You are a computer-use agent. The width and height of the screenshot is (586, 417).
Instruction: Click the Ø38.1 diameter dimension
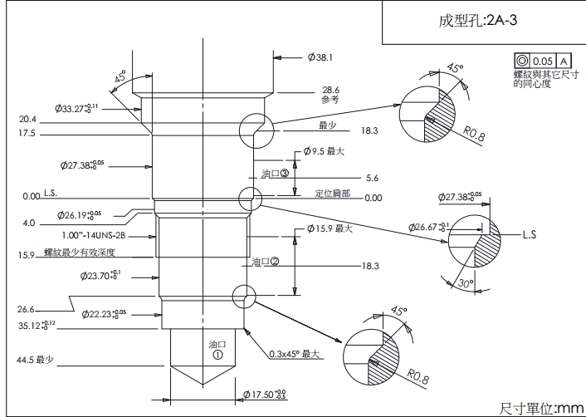[x=320, y=57]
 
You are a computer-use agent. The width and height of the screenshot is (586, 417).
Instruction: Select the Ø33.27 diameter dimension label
[x=77, y=108]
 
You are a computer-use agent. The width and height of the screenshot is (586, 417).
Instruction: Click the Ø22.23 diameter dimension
[x=105, y=314]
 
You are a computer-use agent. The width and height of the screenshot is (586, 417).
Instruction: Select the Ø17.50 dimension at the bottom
[x=263, y=394]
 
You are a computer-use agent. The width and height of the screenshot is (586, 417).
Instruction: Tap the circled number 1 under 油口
[x=217, y=353]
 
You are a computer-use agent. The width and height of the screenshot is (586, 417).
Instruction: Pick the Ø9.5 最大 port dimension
[x=324, y=152]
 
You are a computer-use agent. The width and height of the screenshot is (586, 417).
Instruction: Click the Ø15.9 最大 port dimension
[x=330, y=228]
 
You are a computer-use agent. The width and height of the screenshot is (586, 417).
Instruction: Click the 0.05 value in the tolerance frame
[x=542, y=61]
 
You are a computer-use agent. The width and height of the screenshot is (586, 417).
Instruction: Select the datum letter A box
[x=563, y=61]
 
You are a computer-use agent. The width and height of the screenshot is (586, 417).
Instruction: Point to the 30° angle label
[x=466, y=284]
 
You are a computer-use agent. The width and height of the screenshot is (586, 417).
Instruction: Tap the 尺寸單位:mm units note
[x=541, y=408]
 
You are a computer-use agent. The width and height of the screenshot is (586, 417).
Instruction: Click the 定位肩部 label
[x=332, y=194]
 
